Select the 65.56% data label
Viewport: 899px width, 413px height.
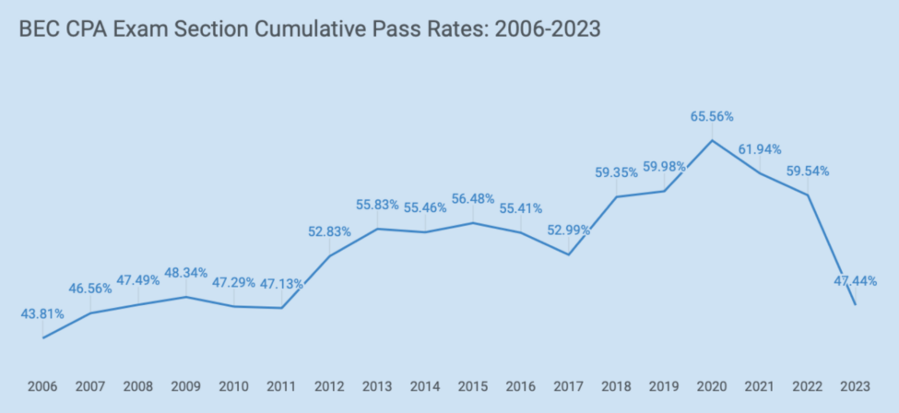pyautogui.click(x=712, y=116)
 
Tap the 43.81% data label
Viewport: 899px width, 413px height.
pyautogui.click(x=42, y=313)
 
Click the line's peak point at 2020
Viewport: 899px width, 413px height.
pyautogui.click(x=712, y=140)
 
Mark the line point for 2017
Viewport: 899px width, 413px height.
pyautogui.click(x=569, y=254)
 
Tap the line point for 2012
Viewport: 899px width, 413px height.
pyautogui.click(x=330, y=255)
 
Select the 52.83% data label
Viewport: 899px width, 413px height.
pyautogui.click(x=329, y=231)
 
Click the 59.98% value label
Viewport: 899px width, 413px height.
pyautogui.click(x=664, y=166)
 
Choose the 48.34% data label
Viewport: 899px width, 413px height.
pyautogui.click(x=186, y=274)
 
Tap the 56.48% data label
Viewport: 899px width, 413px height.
pyautogui.click(x=473, y=199)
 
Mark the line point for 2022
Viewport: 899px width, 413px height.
pyautogui.click(x=808, y=195)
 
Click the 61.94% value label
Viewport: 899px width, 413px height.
pyautogui.click(x=760, y=149)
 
